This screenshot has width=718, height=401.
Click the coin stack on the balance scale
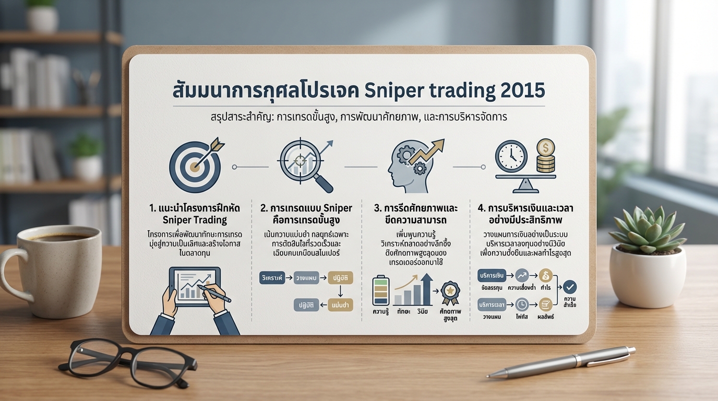coord(545,156)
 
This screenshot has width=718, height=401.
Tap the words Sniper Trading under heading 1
coord(195,219)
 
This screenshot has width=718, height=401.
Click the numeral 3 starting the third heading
coord(377,208)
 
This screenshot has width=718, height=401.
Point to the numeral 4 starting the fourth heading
coord(481,208)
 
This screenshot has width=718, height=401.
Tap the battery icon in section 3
coord(380,290)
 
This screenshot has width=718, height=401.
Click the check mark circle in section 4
coord(570,286)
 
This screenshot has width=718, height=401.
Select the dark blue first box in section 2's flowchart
coord(273,278)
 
